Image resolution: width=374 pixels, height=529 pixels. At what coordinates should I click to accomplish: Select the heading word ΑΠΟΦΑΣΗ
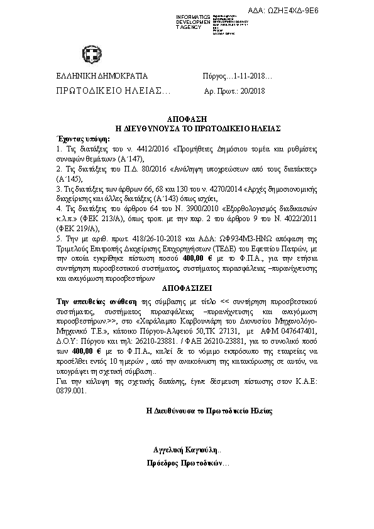point(187,119)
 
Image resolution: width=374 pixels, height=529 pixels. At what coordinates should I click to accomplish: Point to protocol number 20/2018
point(252,91)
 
